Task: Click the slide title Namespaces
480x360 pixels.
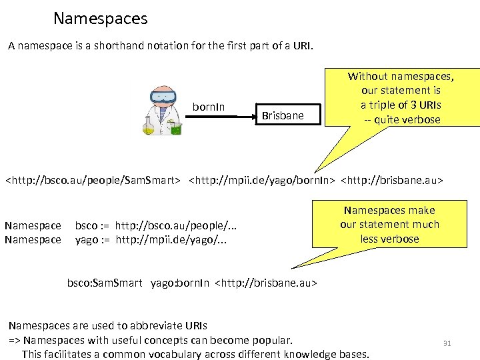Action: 100,18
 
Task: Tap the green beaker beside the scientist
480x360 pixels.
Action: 176,129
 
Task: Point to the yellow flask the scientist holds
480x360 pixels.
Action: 148,126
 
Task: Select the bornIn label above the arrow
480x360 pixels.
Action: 209,107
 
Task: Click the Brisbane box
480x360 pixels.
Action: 283,115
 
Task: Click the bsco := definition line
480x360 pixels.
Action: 156,226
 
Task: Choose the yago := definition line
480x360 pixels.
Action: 151,239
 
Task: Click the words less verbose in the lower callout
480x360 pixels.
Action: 390,239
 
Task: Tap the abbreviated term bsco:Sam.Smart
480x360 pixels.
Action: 105,283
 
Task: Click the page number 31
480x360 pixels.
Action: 447,343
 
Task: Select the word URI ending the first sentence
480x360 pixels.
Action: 301,47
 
